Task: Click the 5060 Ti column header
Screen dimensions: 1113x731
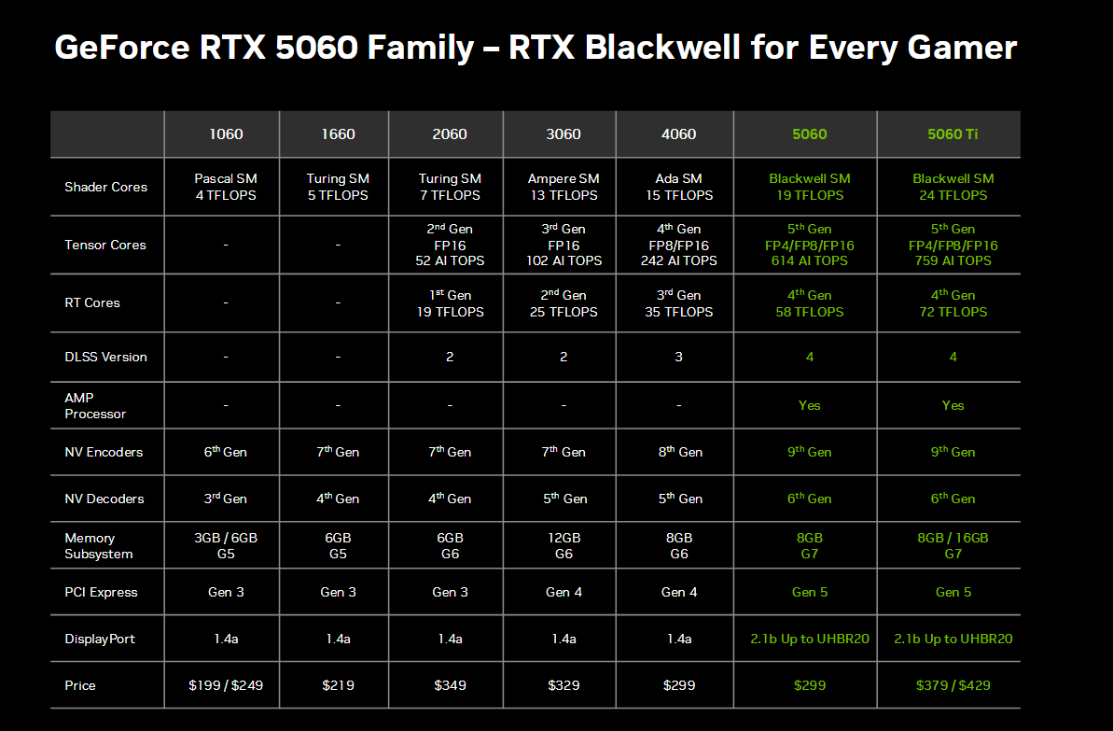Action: tap(953, 134)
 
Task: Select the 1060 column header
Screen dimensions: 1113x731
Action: tap(226, 134)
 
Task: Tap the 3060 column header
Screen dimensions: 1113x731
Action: tap(563, 134)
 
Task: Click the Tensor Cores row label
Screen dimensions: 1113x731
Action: tap(105, 245)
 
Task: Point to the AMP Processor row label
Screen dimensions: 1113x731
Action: tap(95, 405)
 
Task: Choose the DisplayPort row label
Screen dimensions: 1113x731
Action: tap(100, 639)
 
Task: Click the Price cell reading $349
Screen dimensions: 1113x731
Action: tap(450, 685)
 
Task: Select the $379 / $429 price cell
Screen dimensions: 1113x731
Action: tap(953, 685)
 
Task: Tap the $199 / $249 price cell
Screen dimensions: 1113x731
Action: tap(226, 685)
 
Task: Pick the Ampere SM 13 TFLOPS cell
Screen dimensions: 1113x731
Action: tap(563, 187)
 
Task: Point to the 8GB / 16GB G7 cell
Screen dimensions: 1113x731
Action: tap(953, 545)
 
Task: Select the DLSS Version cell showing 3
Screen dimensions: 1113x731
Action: tap(678, 357)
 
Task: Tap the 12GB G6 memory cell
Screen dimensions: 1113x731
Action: tap(563, 545)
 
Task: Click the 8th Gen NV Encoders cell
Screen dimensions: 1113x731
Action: tap(679, 452)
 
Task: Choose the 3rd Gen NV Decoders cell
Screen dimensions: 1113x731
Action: tap(226, 499)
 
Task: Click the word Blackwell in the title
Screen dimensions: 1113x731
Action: tap(663, 48)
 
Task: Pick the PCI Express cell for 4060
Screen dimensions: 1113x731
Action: tap(678, 592)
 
